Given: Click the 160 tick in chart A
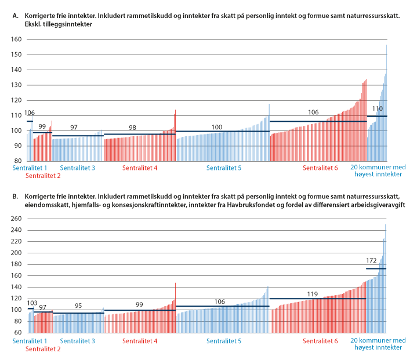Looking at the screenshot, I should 16,39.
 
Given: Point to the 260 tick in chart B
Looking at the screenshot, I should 16,219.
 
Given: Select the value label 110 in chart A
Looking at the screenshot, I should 377,109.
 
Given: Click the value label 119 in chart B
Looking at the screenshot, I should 314,294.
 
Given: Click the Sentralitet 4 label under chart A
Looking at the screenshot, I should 140,168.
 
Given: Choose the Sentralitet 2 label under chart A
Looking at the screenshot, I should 43,176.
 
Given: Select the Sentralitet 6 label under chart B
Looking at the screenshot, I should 320,340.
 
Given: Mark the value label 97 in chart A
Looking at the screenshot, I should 74,128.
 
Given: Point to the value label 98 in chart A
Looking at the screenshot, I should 133,128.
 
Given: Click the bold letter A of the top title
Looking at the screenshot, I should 14,17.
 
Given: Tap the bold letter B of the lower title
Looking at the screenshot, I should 14,196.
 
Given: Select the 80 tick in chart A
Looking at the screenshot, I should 17,161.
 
